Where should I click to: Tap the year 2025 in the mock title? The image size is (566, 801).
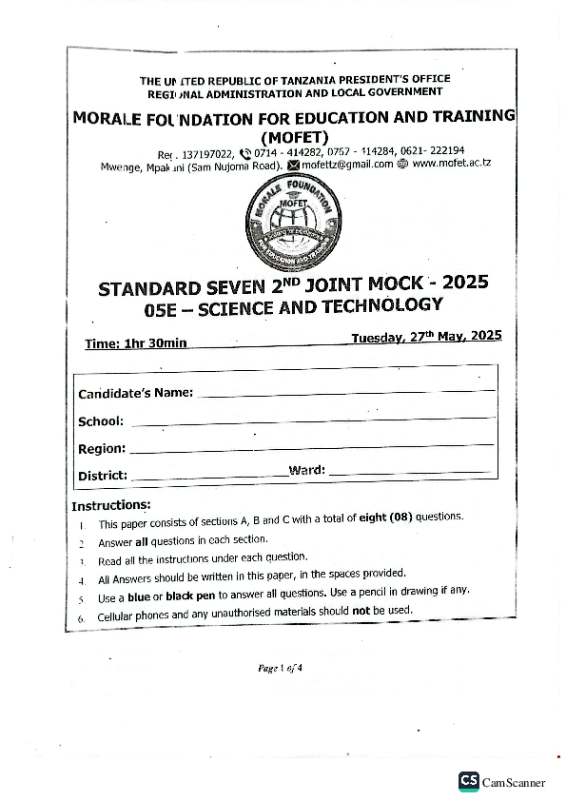[x=464, y=283]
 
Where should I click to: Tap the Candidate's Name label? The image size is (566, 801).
[x=135, y=393]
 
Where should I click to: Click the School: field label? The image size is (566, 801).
[x=101, y=420]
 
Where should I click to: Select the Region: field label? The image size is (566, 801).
[x=101, y=448]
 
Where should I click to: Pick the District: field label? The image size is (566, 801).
[x=103, y=476]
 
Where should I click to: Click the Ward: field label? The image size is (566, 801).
[x=306, y=470]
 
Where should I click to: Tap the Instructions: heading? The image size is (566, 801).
[x=110, y=504]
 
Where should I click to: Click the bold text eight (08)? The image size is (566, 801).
[x=384, y=518]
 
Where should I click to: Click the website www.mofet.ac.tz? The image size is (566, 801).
[x=451, y=163]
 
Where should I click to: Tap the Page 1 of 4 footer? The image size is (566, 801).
[x=280, y=668]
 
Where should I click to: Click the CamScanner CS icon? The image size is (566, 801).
[x=468, y=781]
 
